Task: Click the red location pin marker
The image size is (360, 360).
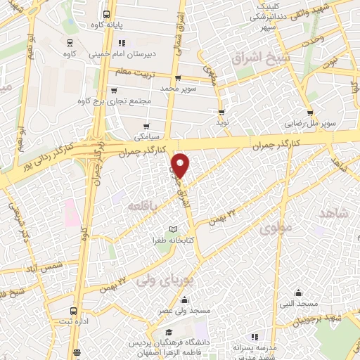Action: coord(181,165)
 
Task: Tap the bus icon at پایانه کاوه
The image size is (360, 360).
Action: coord(106,14)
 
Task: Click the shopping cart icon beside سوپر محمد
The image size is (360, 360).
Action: coord(177,78)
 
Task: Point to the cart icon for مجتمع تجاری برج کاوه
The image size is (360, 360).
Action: coord(114,90)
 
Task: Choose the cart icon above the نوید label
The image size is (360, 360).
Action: coord(222,112)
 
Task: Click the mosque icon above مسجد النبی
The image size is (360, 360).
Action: coord(299,292)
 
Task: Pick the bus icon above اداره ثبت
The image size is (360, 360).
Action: coord(73,310)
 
